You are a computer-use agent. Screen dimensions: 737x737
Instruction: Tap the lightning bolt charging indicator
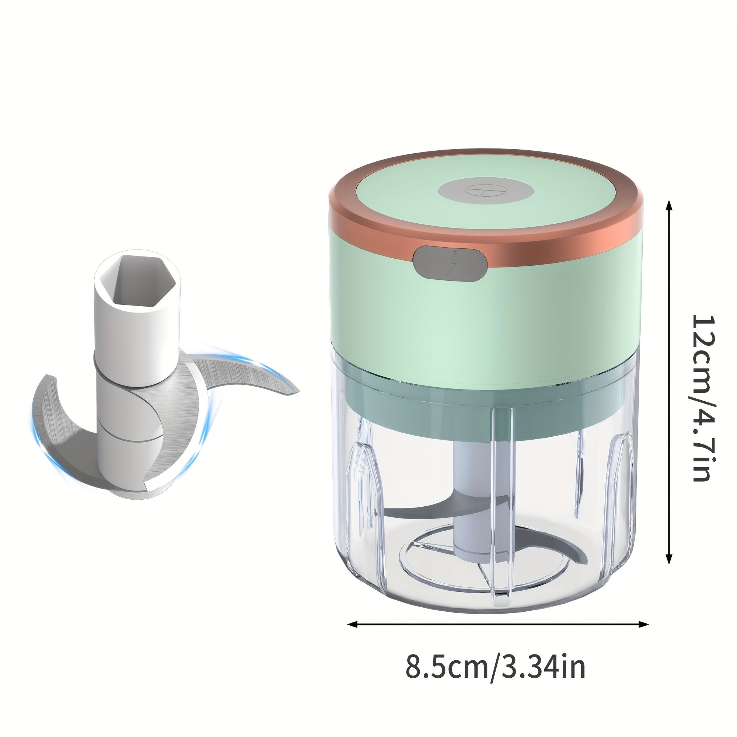pos(451,263)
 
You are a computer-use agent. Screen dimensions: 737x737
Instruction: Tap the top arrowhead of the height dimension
pos(668,206)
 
